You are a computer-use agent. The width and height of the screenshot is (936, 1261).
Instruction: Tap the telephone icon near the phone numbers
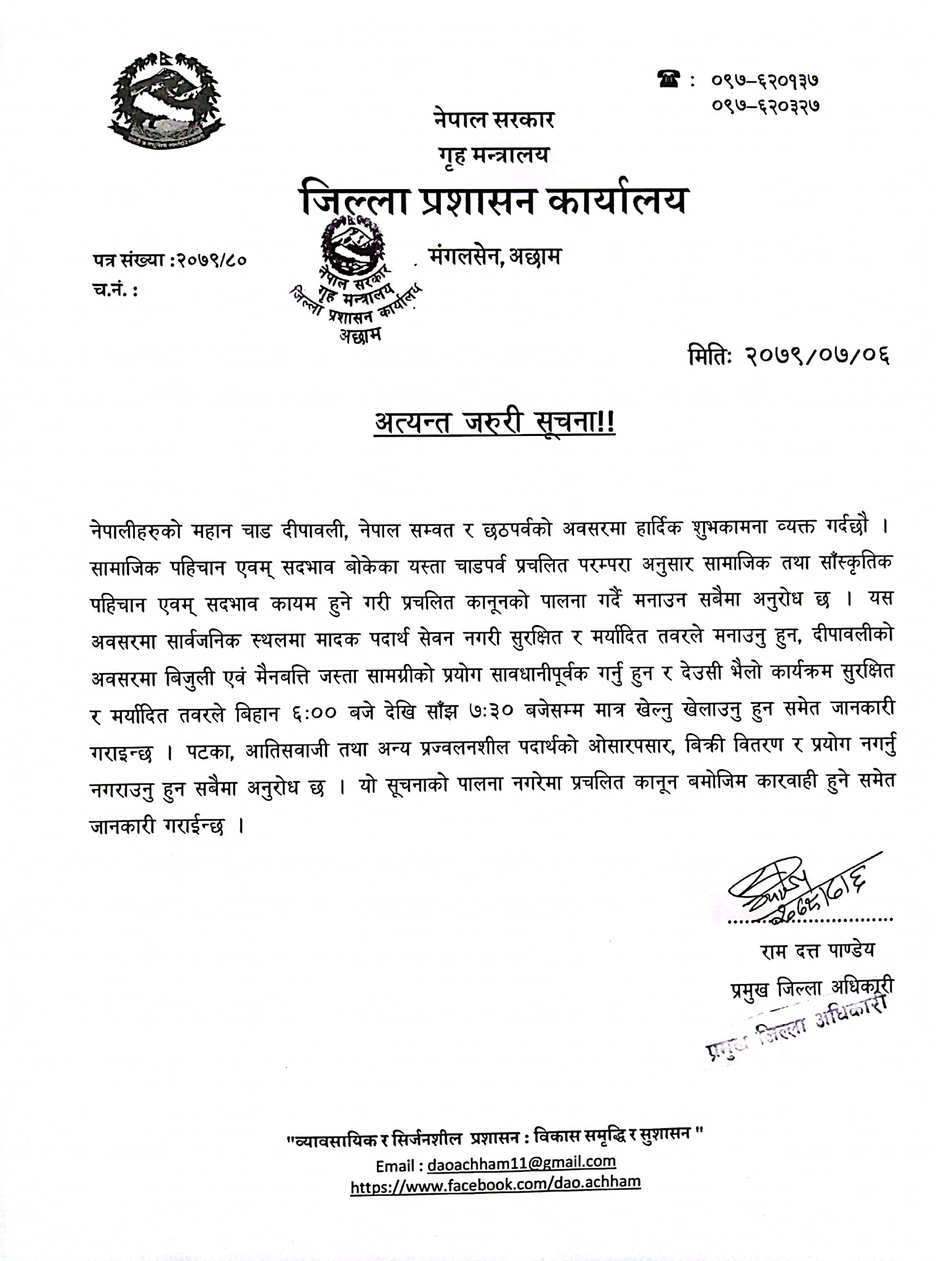[669, 80]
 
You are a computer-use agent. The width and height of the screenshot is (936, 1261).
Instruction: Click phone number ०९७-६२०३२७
[765, 105]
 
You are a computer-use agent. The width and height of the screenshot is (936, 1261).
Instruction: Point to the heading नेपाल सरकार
[493, 119]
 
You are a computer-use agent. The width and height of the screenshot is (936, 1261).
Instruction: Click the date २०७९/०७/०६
[819, 357]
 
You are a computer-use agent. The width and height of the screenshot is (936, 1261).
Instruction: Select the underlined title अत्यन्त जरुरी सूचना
[494, 424]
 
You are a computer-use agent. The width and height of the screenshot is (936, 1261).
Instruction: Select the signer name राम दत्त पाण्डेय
[817, 951]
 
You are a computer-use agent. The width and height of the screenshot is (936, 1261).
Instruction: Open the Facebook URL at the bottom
[496, 1183]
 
